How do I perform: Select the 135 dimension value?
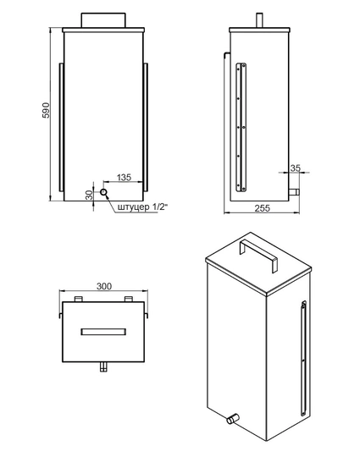(x=123, y=178)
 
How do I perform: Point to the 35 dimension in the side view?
(x=295, y=168)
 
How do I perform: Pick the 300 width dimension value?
(x=104, y=287)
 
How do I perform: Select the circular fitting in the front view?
(x=104, y=193)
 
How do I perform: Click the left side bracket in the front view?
(x=61, y=127)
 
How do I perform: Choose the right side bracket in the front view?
(x=147, y=127)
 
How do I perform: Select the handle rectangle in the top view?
(x=104, y=331)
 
